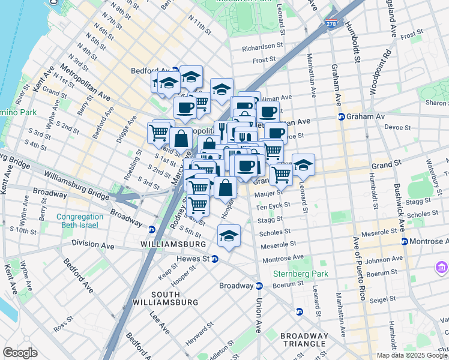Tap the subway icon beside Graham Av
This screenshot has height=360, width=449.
pyautogui.click(x=341, y=116)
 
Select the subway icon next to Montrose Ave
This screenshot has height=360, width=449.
pyautogui.click(x=403, y=241)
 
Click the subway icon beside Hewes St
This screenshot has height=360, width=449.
pyautogui.click(x=214, y=259)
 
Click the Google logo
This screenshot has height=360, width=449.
pyautogui.click(x=20, y=352)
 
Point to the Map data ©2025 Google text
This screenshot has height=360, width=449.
pyautogui.click(x=412, y=355)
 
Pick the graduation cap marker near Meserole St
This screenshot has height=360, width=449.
pyautogui.click(x=229, y=235)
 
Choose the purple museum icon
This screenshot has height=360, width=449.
pyautogui.click(x=441, y=266)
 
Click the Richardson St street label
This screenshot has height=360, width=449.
pyautogui.click(x=262, y=46)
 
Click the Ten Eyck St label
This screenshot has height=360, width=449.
pyautogui.click(x=273, y=206)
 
